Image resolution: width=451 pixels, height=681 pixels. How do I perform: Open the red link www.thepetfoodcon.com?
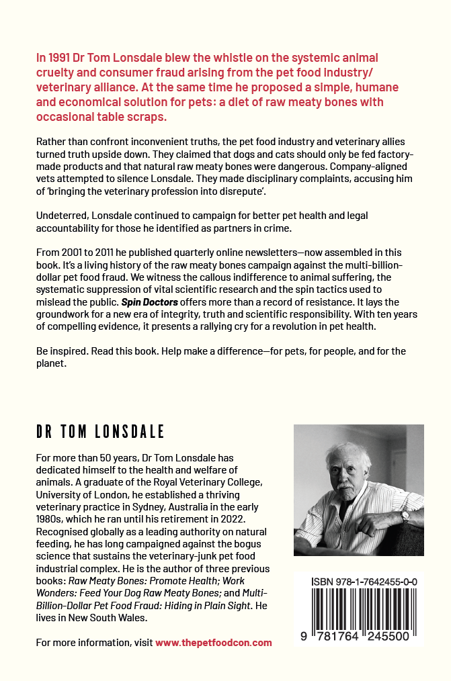214,643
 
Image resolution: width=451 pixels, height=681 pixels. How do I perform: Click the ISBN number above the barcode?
366,582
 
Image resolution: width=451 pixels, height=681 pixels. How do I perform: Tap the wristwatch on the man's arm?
405,516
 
